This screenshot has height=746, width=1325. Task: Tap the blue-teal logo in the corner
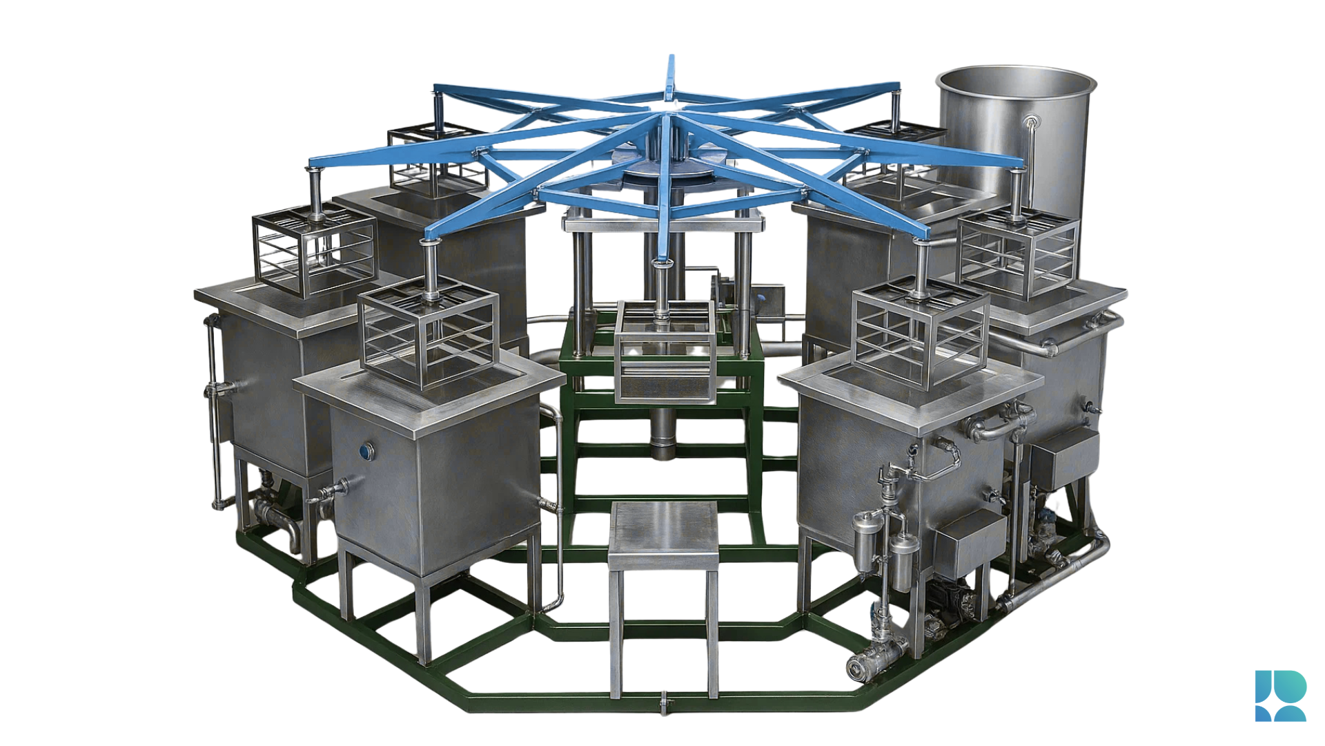click(x=1280, y=696)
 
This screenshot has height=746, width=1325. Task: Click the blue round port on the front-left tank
click(x=366, y=451)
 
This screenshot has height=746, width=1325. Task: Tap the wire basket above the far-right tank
click(x=1018, y=252)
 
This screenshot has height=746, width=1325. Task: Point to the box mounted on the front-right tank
click(x=970, y=542)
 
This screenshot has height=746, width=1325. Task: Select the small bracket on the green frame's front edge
click(x=663, y=703)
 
